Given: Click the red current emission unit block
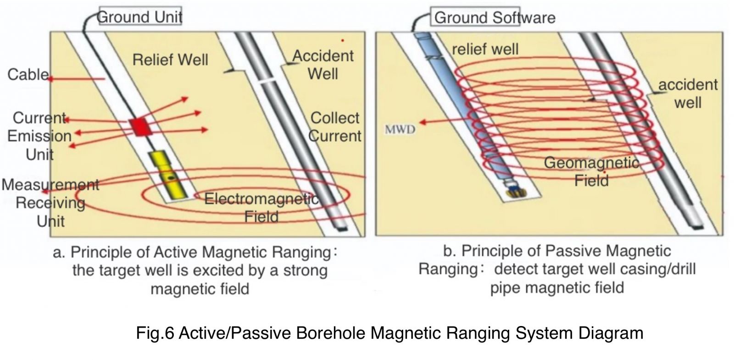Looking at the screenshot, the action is click(140, 127).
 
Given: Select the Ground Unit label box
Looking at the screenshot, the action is click(140, 16).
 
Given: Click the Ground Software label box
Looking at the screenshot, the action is click(475, 17).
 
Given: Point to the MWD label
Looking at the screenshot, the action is click(400, 129).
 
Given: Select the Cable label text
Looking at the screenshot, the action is click(28, 75).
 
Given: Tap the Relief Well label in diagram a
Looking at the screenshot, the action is click(170, 60).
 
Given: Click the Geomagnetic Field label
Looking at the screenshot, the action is click(591, 172).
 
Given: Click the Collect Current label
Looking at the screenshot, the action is click(334, 127).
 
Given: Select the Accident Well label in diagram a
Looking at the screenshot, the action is click(323, 65).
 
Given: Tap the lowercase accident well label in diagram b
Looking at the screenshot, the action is click(688, 94).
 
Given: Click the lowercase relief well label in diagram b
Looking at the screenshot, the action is click(485, 50).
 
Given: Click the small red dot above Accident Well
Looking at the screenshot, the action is click(342, 41).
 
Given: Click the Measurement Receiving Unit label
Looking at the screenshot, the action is click(50, 203).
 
